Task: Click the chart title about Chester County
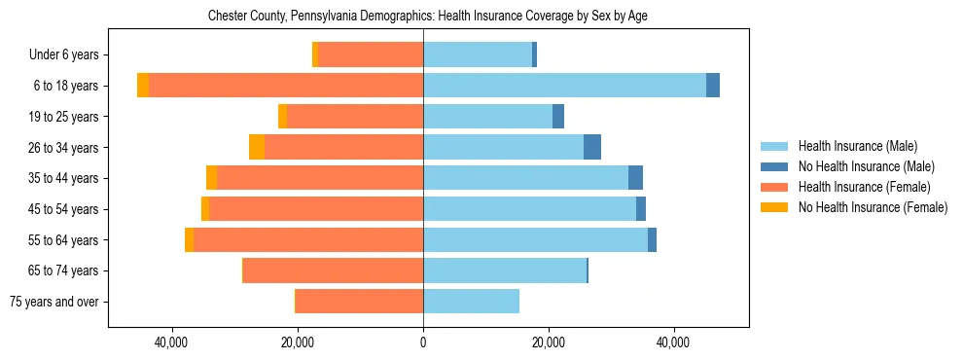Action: (428, 17)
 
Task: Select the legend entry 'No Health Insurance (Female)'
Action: (873, 207)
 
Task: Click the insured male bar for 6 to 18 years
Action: (564, 86)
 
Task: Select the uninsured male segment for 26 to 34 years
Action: (592, 147)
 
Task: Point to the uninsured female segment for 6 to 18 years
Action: (143, 86)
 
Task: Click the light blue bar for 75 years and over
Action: (471, 302)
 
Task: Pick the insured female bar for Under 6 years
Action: (371, 54)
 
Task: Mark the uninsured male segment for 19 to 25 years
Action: (558, 116)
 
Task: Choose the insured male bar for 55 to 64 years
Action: (535, 239)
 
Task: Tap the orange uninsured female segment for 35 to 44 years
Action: (211, 178)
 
